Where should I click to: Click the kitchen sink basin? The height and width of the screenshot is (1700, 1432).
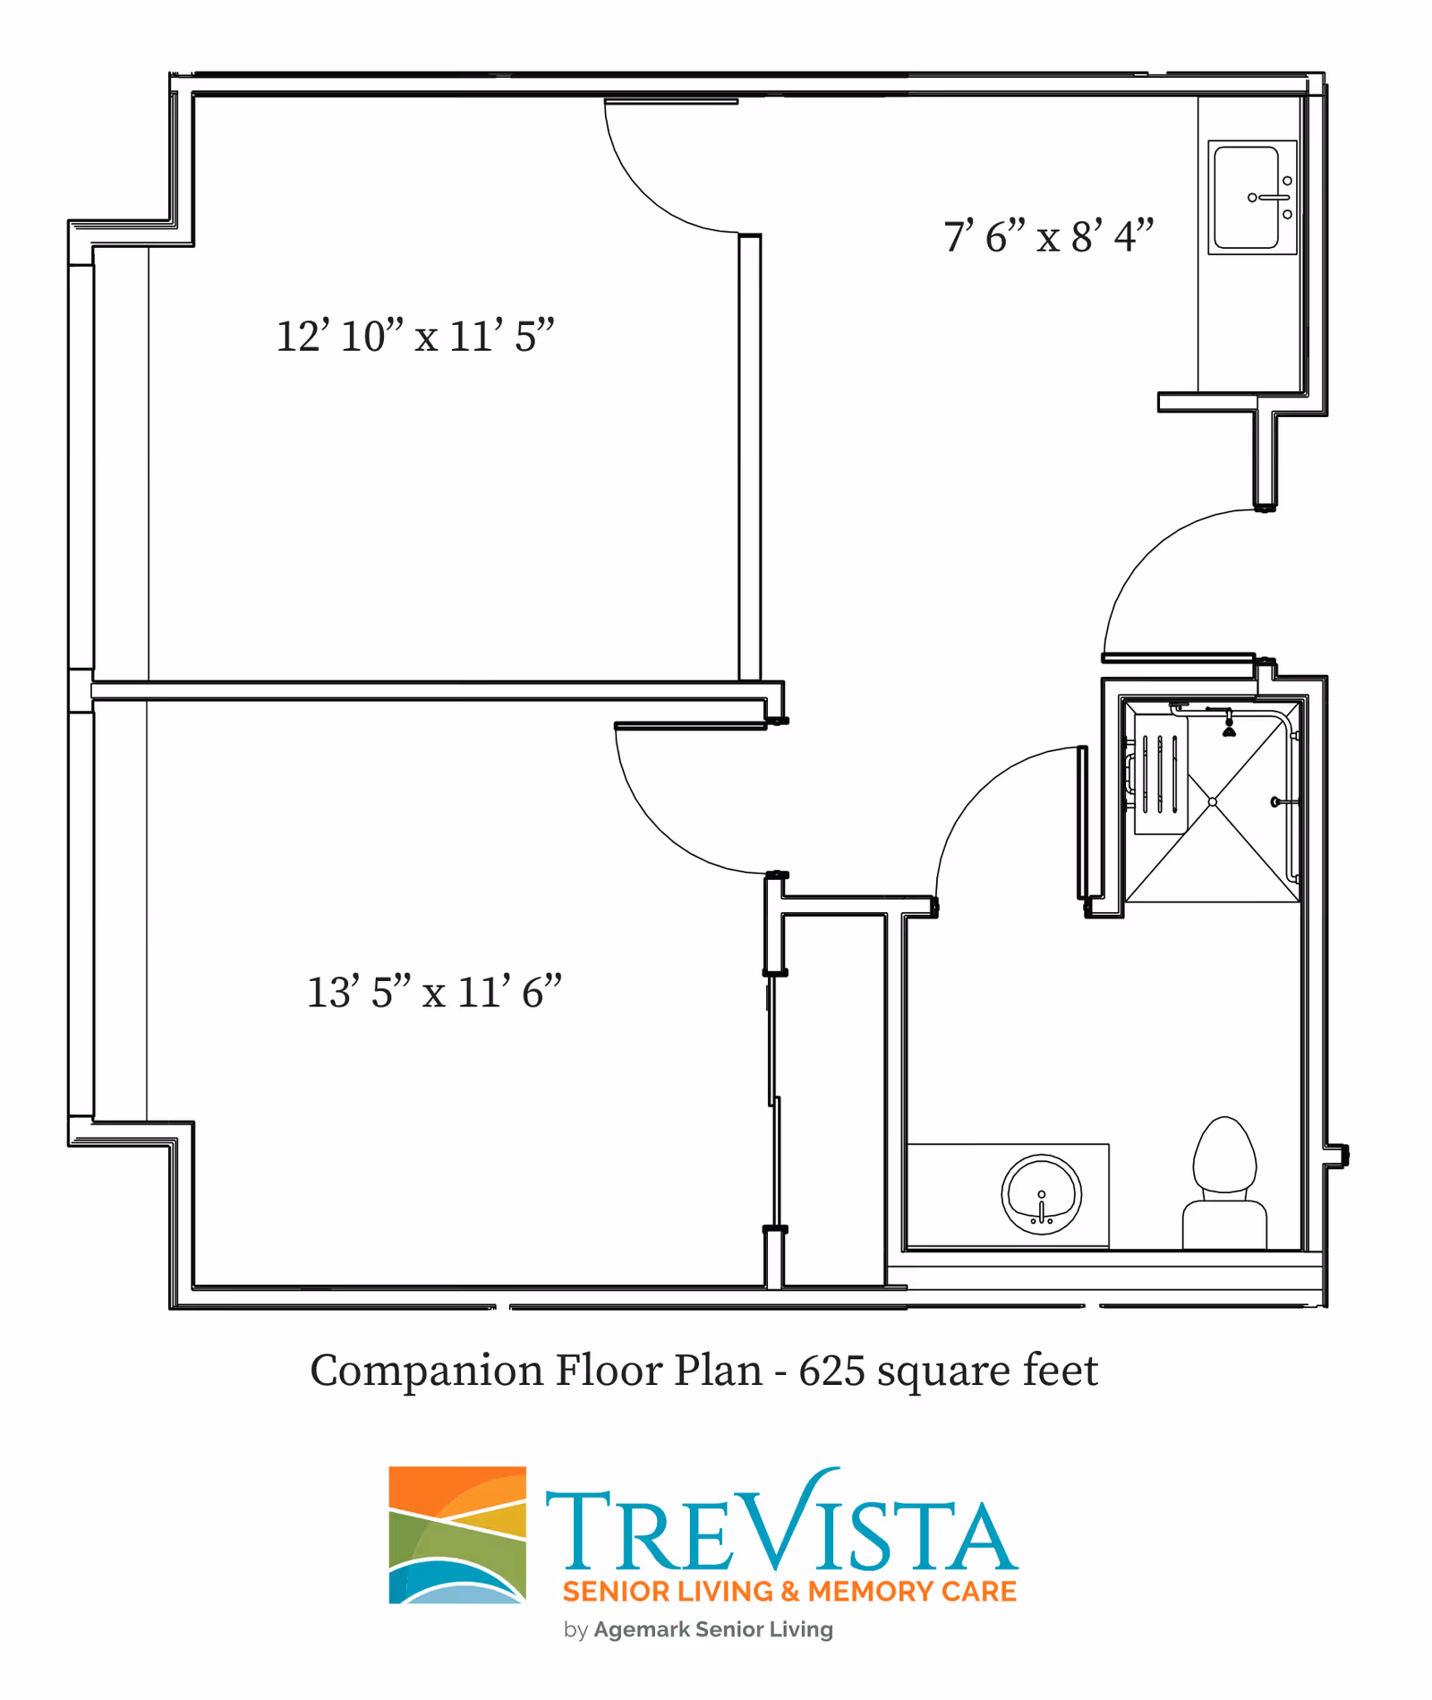coord(1246,197)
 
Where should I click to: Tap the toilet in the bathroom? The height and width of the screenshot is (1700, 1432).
coord(1224,1183)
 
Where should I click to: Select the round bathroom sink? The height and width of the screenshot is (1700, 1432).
coord(1041,1194)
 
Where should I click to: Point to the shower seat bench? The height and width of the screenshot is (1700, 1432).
coord(1161,774)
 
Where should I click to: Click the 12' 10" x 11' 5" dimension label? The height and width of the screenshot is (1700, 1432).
coord(415,337)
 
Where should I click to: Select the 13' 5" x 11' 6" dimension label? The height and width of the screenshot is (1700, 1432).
coord(434,992)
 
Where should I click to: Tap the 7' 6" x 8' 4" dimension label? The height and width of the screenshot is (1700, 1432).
coord(1049,236)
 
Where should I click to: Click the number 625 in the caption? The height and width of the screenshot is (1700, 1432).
coord(831,1371)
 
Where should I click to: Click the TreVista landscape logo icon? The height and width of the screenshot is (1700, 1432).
coord(457,1535)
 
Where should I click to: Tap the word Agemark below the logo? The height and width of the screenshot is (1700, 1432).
coord(641,1630)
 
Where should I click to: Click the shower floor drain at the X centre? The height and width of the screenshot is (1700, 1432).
coord(1213,802)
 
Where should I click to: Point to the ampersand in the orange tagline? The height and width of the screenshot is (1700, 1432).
coord(789,1592)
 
